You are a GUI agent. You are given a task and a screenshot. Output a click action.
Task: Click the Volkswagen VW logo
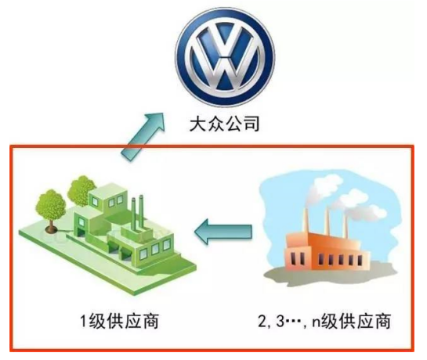coord(225,57)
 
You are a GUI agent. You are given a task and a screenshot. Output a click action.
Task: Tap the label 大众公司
coord(224,124)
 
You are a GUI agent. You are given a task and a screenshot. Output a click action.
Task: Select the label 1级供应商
coord(119,322)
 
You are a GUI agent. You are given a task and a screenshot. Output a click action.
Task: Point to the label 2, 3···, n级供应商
coord(324,322)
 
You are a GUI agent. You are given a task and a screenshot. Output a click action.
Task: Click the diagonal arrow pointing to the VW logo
coord(142,138)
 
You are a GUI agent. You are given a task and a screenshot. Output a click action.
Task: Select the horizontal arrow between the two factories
coord(223,232)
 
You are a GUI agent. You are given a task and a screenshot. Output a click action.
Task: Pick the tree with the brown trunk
coord(51,211)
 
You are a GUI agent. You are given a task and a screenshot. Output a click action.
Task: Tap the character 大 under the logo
coord(198,124)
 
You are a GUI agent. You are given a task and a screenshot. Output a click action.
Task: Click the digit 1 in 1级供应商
coord(84,322)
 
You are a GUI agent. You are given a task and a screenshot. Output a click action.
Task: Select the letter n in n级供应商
coord(317,323)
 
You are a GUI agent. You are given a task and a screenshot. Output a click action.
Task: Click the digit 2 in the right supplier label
coord(262,322)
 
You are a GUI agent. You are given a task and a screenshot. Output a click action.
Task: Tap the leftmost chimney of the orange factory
coord(306,221)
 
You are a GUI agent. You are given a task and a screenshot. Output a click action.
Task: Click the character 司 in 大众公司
coord(251,124)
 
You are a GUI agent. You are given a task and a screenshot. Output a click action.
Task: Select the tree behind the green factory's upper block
coord(81,189)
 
